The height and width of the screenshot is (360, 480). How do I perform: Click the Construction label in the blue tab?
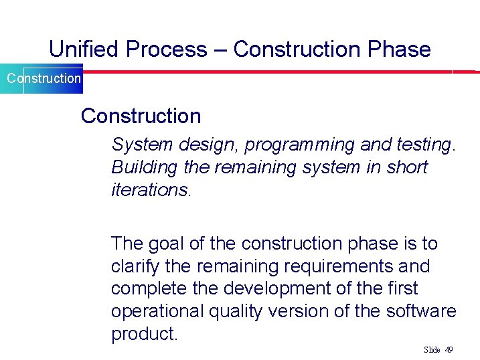click(44, 78)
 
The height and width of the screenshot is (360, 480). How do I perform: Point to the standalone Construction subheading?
click(141, 116)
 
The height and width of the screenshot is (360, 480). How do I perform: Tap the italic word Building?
click(136, 167)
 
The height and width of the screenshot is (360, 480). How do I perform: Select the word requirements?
click(337, 266)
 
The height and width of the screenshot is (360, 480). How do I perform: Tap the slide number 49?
click(449, 350)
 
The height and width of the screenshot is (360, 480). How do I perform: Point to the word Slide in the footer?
click(432, 350)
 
